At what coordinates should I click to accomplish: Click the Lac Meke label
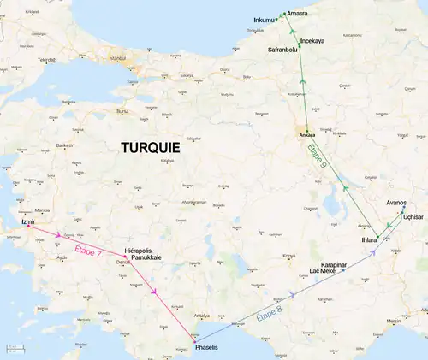[323, 272]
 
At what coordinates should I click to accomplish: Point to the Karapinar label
[333, 265]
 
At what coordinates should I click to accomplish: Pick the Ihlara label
[369, 241]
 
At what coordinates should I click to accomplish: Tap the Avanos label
[396, 203]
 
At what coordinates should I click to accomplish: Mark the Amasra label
[298, 14]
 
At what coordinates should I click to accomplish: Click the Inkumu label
[266, 20]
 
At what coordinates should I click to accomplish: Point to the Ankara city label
[307, 135]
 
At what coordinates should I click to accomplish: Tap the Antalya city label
[202, 315]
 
